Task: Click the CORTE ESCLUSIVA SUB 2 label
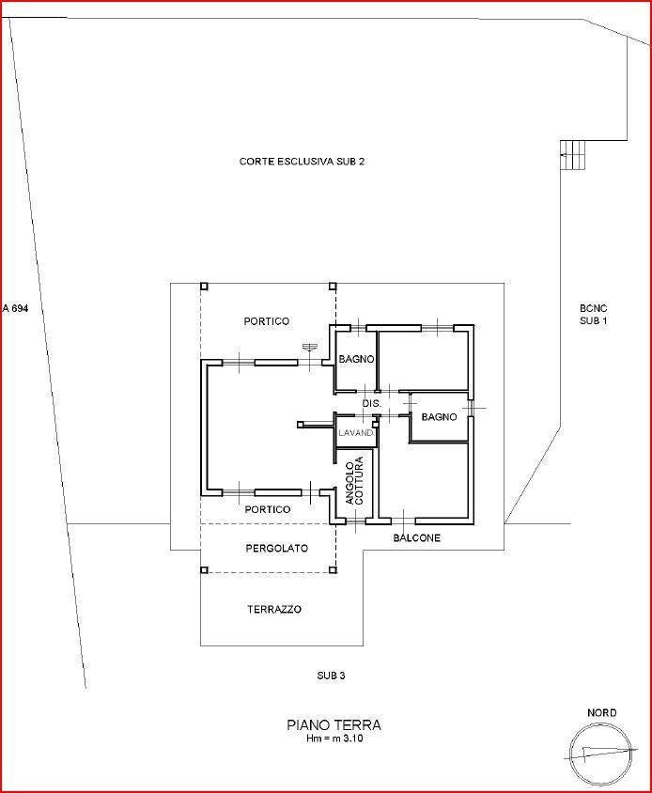[x=302, y=162]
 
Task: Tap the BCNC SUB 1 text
[x=594, y=314]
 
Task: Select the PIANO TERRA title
[x=334, y=724]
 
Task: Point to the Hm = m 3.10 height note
[x=334, y=738]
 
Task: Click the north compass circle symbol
[x=601, y=752]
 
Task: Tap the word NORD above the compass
[x=602, y=712]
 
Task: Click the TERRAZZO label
[x=274, y=610]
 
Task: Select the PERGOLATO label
[x=277, y=548]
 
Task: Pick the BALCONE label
[x=417, y=538]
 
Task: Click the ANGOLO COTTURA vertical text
[x=354, y=480]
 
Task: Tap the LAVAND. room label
[x=356, y=433]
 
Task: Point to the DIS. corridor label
[x=372, y=404]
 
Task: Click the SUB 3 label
[x=332, y=676]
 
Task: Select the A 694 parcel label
[x=15, y=308]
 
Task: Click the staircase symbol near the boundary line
[x=572, y=155]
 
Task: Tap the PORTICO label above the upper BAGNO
[x=267, y=321]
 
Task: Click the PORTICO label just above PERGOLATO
[x=268, y=509]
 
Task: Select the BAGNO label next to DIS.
[x=439, y=417]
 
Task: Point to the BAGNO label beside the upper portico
[x=357, y=359]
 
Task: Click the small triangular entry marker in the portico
[x=308, y=347]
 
